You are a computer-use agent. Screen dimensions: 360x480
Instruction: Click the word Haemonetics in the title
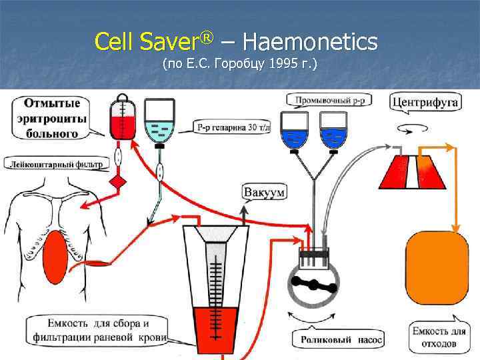tap(311, 43)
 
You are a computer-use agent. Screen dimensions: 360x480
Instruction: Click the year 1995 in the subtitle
tap(279, 65)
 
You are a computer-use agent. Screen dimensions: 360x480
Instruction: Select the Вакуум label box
tap(264, 193)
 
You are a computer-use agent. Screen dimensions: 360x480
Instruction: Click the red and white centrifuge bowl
tap(411, 171)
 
